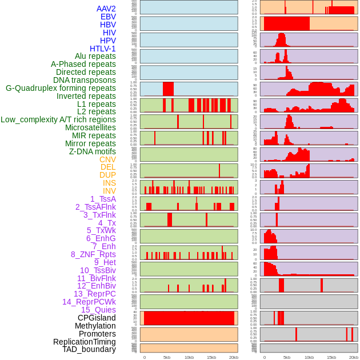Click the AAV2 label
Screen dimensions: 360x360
(106, 9)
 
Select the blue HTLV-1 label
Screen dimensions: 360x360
(102, 49)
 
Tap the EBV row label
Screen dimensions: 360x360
(108, 17)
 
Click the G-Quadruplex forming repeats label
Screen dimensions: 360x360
(61, 88)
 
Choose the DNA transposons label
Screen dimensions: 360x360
(85, 80)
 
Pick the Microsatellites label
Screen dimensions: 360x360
(90, 127)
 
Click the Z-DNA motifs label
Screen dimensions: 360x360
(93, 151)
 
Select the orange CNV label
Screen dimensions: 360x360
(107, 159)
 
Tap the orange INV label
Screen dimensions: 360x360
(109, 191)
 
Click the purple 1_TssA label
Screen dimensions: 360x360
(103, 199)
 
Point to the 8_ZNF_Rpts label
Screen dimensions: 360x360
(93, 254)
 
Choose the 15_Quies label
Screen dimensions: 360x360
(98, 310)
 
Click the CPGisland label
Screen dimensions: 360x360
(97, 318)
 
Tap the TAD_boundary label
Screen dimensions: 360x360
(89, 349)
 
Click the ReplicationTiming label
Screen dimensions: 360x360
(85, 342)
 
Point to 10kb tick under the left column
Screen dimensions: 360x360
(189, 357)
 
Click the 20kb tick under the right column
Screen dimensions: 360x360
(354, 357)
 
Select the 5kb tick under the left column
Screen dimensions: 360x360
(167, 357)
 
